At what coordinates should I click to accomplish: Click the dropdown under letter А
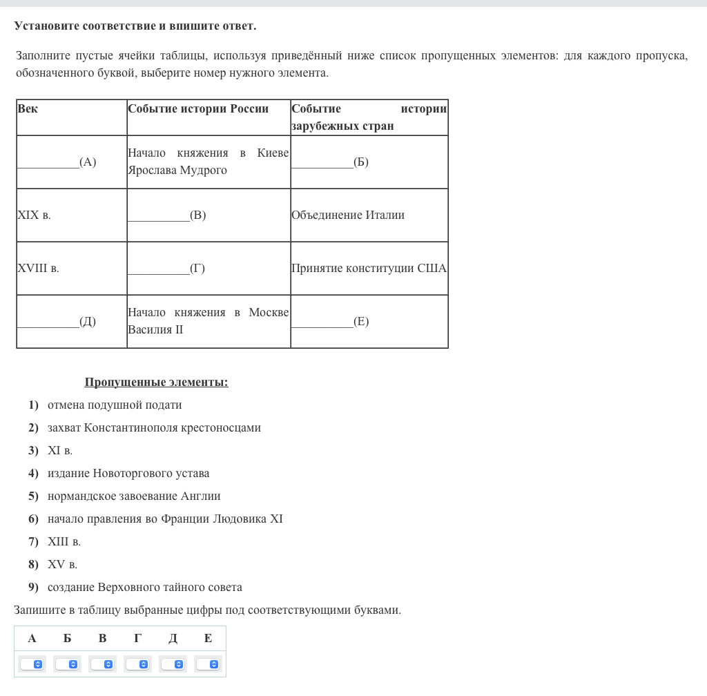coord(32,664)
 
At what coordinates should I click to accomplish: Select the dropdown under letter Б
coord(68,664)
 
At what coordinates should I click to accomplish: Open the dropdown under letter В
coord(103,664)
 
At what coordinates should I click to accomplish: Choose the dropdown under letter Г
coord(138,664)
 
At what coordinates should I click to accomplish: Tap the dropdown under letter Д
coord(173,664)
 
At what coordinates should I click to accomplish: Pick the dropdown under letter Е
coord(209,664)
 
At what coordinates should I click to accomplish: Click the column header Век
coord(28,109)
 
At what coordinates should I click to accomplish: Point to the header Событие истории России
coord(198,109)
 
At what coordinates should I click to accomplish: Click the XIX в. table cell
coord(35,215)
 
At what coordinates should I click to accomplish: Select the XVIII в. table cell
coord(39,269)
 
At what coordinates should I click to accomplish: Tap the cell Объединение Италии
coord(348,215)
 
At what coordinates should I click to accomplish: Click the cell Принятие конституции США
coord(369,269)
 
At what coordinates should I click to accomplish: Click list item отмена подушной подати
coord(115,405)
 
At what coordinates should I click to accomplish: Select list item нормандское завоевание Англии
coord(134,496)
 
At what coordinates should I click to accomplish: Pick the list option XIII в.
coord(64,542)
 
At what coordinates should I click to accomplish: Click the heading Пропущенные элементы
coord(156,383)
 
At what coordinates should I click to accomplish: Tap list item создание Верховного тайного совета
coord(145,588)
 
